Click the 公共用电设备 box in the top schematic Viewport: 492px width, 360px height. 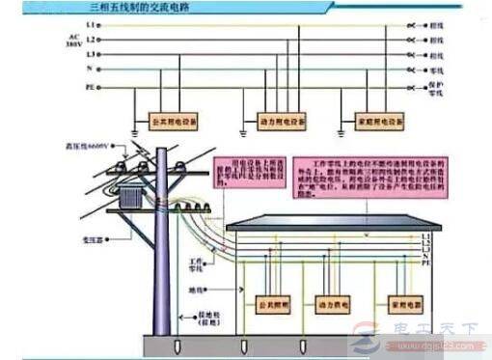pos(177,123)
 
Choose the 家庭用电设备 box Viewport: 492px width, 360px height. pos(370,123)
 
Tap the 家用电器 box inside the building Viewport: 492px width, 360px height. pos(406,300)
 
